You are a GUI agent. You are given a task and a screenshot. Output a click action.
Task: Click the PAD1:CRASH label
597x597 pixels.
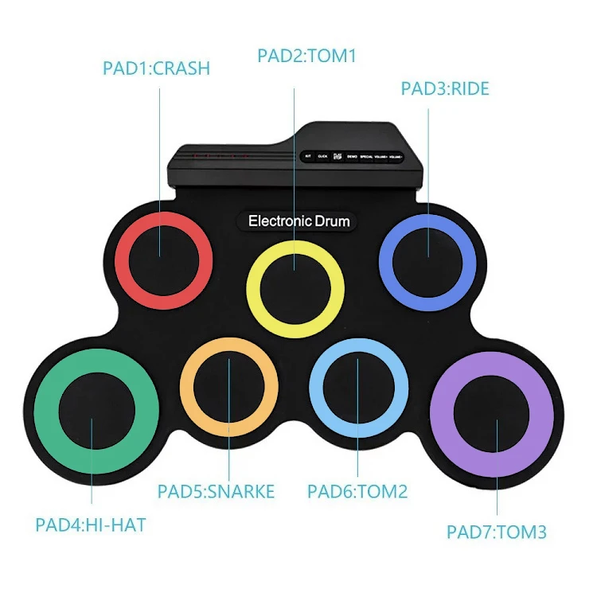pos(156,68)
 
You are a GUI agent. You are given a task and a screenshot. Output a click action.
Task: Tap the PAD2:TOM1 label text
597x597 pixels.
pos(306,56)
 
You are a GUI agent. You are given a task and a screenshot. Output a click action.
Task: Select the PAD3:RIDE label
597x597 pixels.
pos(445,88)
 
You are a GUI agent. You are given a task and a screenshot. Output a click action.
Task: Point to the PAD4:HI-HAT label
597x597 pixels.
pos(91,525)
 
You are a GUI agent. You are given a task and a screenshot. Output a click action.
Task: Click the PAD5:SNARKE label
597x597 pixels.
pos(216,491)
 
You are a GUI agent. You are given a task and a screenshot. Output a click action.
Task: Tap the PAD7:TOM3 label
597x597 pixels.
pos(497,532)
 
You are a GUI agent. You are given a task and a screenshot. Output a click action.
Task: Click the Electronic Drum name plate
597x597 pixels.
pos(298,220)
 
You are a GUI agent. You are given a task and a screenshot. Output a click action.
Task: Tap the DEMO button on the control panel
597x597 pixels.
pos(352,157)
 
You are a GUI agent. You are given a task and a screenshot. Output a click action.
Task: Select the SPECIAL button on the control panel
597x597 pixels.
pos(369,157)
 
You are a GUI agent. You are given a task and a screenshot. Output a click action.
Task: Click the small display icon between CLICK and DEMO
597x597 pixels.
pos(338,157)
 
